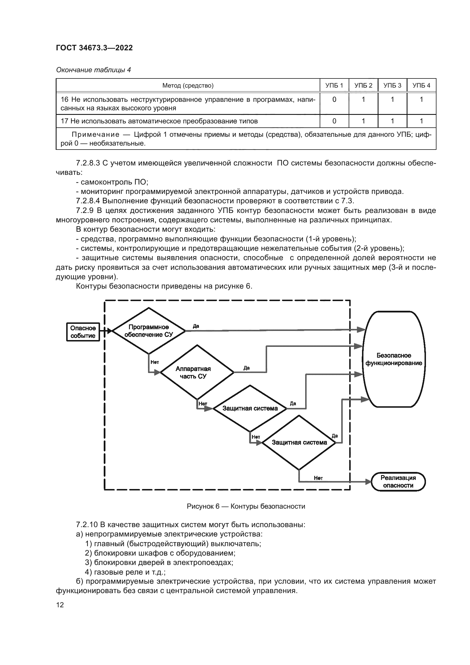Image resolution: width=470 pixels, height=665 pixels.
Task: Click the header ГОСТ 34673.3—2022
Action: [x=94, y=48]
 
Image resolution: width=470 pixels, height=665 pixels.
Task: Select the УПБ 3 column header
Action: [x=392, y=86]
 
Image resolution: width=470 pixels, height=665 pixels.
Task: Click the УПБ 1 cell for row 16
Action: [x=334, y=100]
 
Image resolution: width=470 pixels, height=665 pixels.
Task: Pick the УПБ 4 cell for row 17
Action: [x=421, y=121]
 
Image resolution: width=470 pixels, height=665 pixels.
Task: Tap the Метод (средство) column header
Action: [x=188, y=86]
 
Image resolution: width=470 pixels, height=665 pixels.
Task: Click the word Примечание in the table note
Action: [x=95, y=134]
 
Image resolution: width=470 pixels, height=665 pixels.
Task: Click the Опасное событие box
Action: [x=83, y=332]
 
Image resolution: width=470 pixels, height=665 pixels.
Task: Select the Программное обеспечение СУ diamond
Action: [x=148, y=331]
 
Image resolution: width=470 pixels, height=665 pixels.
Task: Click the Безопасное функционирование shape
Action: [x=394, y=359]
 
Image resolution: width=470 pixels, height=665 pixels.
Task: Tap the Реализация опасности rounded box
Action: [x=398, y=482]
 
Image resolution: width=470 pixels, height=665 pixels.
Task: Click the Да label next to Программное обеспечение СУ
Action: [x=196, y=326]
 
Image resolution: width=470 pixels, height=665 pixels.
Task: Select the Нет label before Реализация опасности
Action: [x=318, y=478]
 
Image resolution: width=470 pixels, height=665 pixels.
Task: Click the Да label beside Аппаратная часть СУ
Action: [x=246, y=368]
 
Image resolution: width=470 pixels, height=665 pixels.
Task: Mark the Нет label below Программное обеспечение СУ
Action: [x=155, y=362]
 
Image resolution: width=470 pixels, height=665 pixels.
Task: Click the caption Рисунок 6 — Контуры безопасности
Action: [x=246, y=506]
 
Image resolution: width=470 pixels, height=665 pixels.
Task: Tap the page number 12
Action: [x=60, y=605]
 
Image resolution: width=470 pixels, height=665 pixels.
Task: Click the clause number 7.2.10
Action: [x=87, y=525]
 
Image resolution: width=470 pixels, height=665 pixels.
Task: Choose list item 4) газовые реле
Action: [x=125, y=572]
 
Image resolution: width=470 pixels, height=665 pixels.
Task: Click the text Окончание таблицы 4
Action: [x=93, y=70]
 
